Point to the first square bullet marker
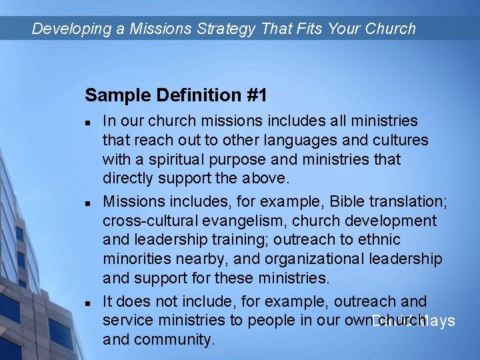click(x=88, y=122)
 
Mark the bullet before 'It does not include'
click(x=88, y=303)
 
